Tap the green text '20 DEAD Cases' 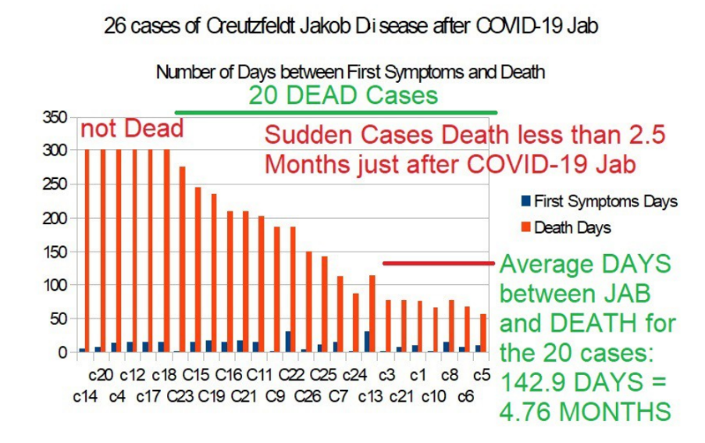point(343,95)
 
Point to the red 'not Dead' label point(132,129)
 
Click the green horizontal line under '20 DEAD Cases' point(336,113)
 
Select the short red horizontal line point(438,263)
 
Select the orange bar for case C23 point(183,259)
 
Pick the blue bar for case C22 point(287,341)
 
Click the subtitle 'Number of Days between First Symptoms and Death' point(350,73)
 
